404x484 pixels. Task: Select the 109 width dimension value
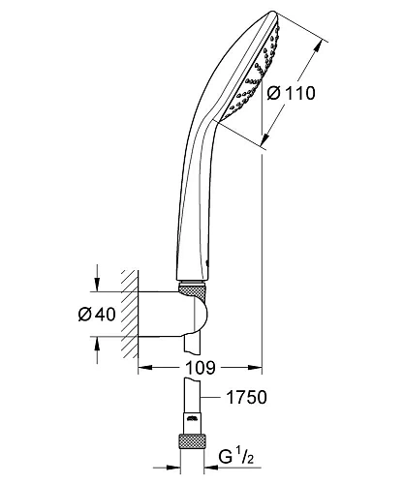tap(198, 369)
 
